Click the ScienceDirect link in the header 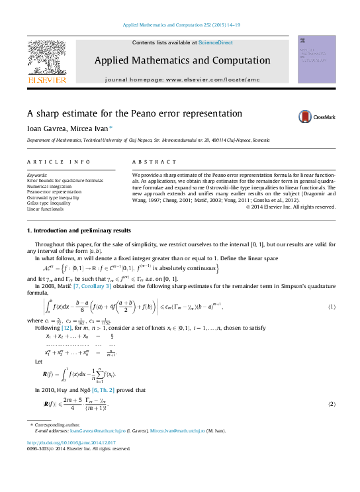(214, 42)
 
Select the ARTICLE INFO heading (50, 162)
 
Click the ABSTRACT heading (150, 162)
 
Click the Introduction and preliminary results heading (78, 230)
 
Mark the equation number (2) (332, 404)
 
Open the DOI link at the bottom (71, 442)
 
